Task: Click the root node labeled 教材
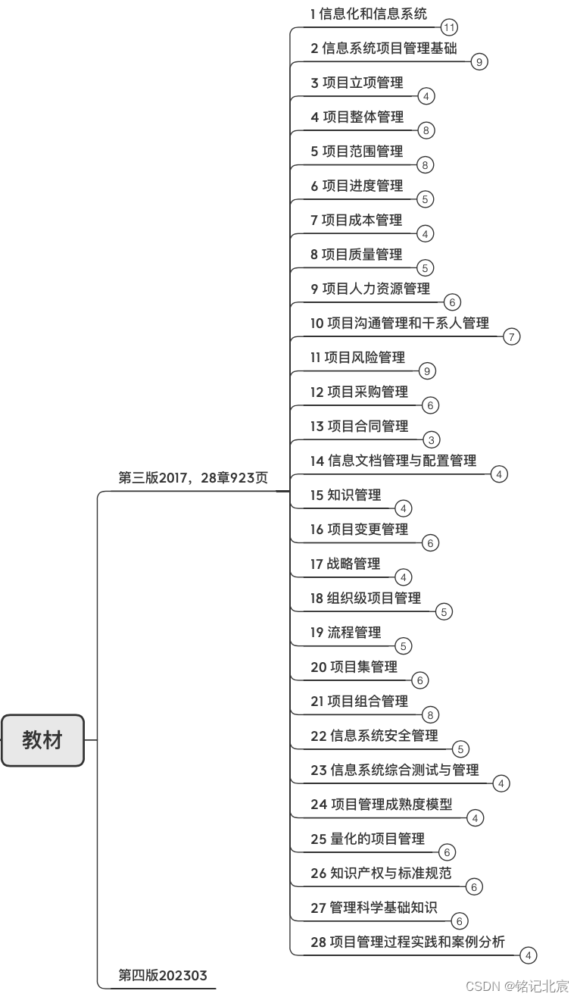42,740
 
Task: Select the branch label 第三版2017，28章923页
193,478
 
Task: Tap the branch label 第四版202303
163,975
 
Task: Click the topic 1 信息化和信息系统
369,14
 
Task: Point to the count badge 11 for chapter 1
449,28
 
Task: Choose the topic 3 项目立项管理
357,83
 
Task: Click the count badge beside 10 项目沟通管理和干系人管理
512,337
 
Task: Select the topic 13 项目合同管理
359,426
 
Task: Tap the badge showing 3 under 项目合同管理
432,440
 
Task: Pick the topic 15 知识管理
345,495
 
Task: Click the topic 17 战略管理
345,564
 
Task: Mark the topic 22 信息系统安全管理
374,736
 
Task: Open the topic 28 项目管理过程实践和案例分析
407,942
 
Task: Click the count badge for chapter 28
529,956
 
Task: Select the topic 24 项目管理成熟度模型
382,805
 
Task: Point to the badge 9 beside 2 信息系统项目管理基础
479,62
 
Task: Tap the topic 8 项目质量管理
356,255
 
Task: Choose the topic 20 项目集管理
354,667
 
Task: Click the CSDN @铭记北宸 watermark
517,986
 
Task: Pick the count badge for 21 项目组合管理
431,715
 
